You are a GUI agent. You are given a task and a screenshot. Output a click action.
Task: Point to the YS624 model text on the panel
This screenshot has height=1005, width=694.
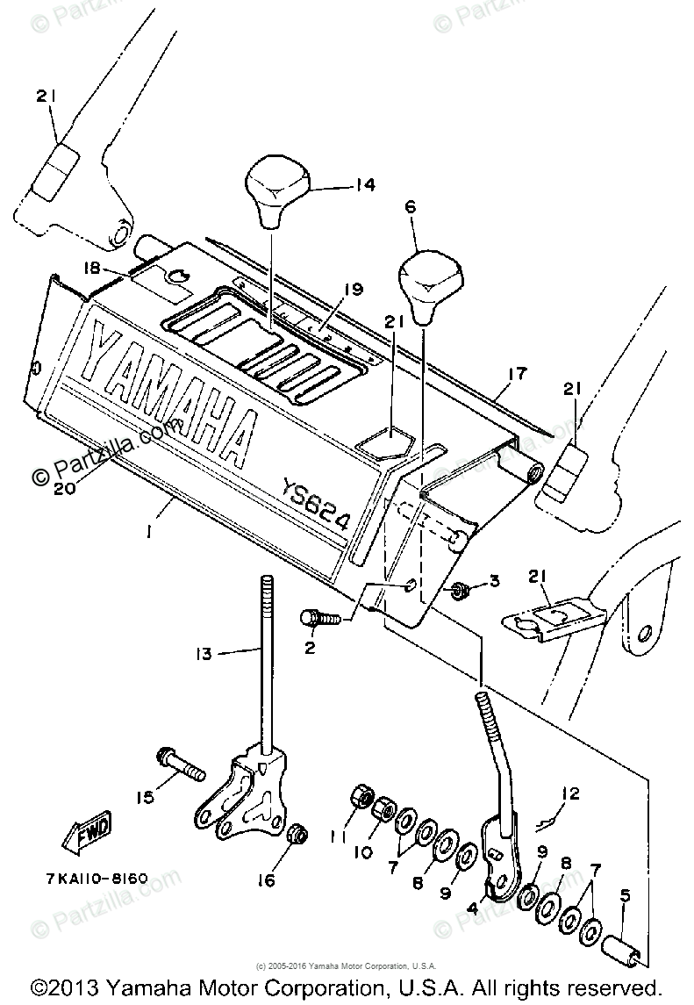(x=315, y=503)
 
